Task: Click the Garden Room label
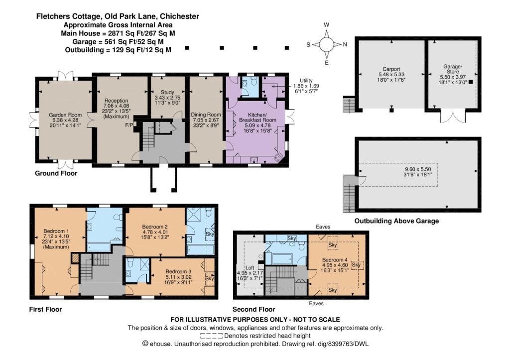[x=65, y=115]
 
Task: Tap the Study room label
[x=167, y=92]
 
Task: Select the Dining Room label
[x=206, y=115]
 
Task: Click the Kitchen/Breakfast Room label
[x=257, y=118]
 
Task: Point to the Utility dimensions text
[x=306, y=89]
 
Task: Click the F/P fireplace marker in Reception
[x=129, y=125]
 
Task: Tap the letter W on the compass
[x=327, y=25]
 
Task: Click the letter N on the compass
[x=345, y=44]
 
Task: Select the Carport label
[x=391, y=69]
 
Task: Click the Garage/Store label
[x=453, y=69]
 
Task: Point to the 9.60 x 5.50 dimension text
[x=418, y=169]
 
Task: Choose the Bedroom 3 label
[x=179, y=271]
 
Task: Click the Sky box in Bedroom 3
[x=210, y=279]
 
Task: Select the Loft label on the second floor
[x=250, y=268]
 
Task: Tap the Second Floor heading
[x=254, y=309]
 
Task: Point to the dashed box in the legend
[x=211, y=336]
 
